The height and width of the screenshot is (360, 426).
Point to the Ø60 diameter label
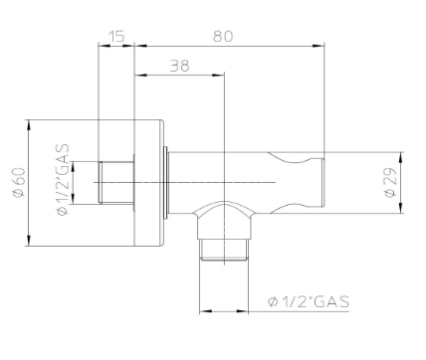tap(19, 184)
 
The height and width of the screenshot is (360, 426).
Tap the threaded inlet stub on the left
tap(115, 182)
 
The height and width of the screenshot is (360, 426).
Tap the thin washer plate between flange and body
tap(163, 182)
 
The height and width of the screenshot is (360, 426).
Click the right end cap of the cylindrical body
tap(319, 182)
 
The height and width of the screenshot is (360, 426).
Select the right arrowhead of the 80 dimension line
tap(321, 44)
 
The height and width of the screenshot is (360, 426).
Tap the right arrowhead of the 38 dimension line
tap(224, 74)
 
